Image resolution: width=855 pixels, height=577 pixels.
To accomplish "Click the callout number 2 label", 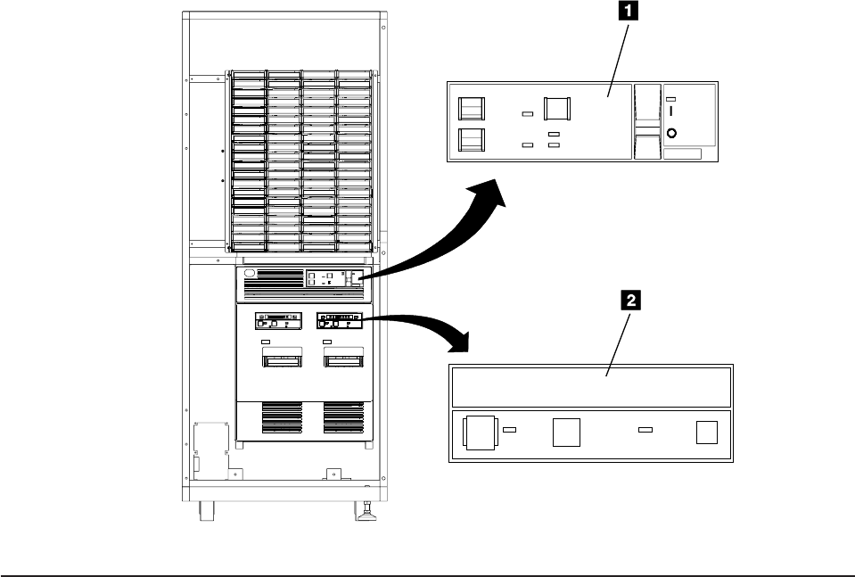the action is pyautogui.click(x=629, y=301).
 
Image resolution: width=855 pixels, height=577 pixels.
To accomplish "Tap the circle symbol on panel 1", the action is pyautogui.click(x=671, y=134).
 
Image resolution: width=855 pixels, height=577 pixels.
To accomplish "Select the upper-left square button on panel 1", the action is pyautogui.click(x=472, y=109).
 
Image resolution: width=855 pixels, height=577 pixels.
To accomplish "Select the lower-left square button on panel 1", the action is pyautogui.click(x=472, y=141).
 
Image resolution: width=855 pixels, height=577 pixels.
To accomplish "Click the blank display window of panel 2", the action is pyautogui.click(x=590, y=385).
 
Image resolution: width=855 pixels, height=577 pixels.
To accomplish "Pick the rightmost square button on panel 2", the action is pyautogui.click(x=706, y=432).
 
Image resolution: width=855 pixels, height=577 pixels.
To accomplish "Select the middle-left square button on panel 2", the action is pyautogui.click(x=566, y=433).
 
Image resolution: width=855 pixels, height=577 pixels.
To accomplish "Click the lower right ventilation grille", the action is pyautogui.click(x=343, y=417).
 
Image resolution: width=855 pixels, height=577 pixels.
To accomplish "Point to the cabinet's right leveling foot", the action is pyautogui.click(x=364, y=512).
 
